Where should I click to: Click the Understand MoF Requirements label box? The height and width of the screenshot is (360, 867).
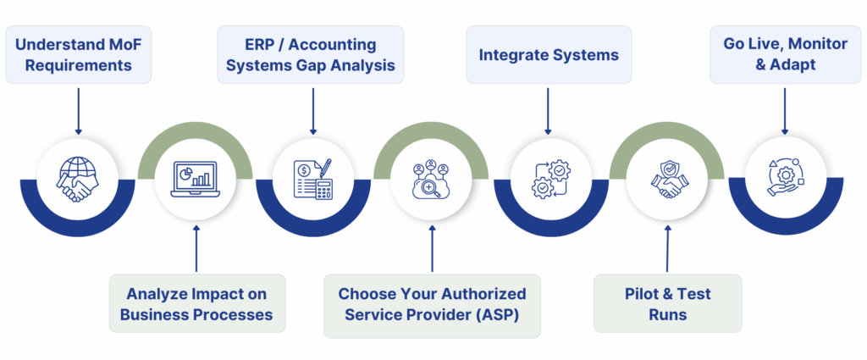pos(78,54)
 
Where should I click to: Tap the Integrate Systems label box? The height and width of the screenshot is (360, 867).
pos(549,55)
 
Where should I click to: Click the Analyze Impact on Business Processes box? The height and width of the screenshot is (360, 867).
pos(196,304)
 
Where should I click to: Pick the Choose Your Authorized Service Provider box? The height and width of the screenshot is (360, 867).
pos(432,304)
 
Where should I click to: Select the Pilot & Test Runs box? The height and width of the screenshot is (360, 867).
pos(667,304)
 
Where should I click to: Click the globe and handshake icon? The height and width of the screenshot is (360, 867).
pos(78,180)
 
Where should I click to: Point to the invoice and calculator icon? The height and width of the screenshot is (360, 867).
pos(313,180)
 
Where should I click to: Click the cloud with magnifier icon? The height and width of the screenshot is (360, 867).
pos(432,180)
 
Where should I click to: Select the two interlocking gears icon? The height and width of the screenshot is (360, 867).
pos(549,180)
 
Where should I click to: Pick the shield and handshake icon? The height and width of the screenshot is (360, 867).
pos(667,180)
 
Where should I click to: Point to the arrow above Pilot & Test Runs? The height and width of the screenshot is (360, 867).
pos(667,249)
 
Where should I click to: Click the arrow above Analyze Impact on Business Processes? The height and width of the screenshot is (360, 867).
pos(196,249)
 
